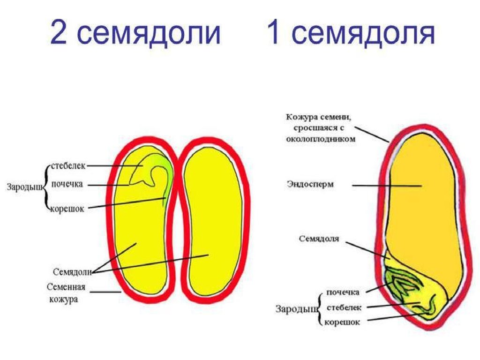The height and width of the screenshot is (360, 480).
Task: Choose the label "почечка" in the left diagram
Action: pyautogui.click(x=67, y=184)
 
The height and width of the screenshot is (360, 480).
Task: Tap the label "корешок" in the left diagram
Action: pyautogui.click(x=67, y=209)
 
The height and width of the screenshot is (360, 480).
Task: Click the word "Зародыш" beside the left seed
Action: pyautogui.click(x=23, y=187)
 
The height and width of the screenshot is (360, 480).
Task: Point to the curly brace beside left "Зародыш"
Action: pyautogui.click(x=45, y=187)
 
